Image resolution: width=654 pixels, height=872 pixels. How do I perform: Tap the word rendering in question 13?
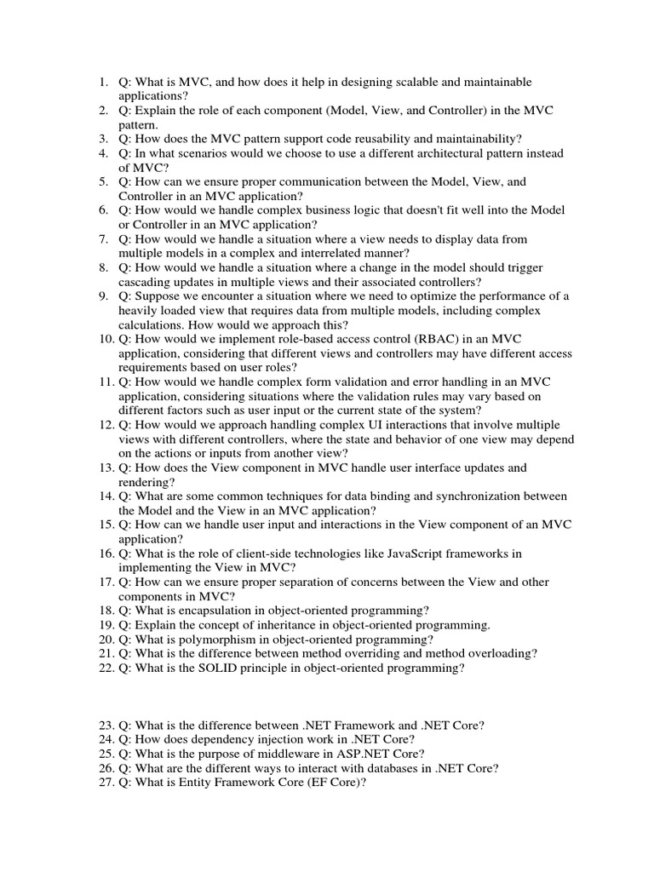144,482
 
